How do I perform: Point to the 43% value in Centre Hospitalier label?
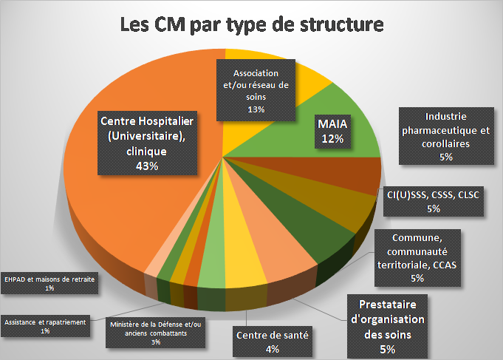[x=147, y=166]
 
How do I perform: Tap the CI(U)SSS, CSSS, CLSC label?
[x=433, y=201]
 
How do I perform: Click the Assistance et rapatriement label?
[x=45, y=326]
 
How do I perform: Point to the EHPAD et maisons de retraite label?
[x=49, y=283]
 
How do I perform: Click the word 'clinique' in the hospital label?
[x=147, y=152]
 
